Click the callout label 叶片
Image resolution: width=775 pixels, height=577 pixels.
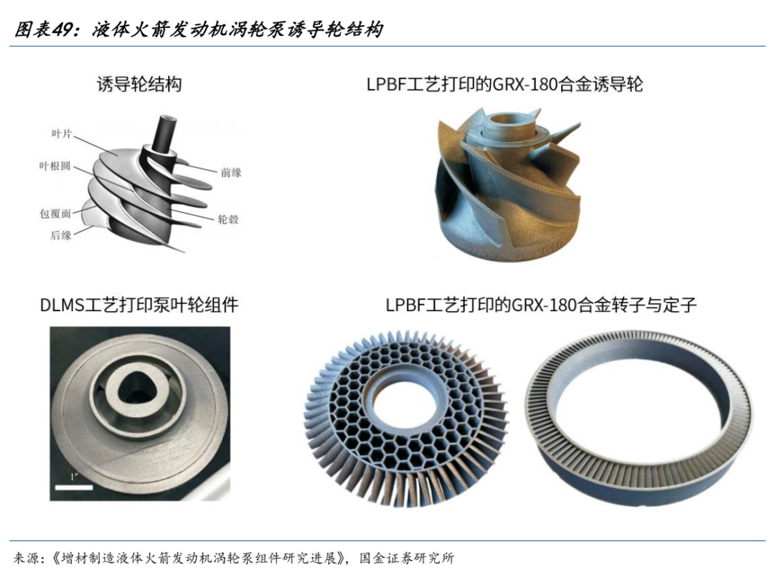pyautogui.click(x=62, y=134)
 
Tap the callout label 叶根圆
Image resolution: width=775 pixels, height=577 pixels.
pyautogui.click(x=55, y=166)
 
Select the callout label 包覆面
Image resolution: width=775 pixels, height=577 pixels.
pyautogui.click(x=55, y=213)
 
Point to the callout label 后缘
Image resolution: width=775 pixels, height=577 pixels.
pyautogui.click(x=61, y=235)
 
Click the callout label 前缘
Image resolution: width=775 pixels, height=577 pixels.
pyautogui.click(x=231, y=172)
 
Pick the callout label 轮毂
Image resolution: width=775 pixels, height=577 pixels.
pyautogui.click(x=228, y=219)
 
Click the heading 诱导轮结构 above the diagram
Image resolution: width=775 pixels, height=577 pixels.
pyautogui.click(x=139, y=85)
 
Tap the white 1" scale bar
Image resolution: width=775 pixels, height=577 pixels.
pyautogui.click(x=74, y=487)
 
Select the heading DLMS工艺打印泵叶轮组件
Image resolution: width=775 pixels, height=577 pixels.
pyautogui.click(x=139, y=305)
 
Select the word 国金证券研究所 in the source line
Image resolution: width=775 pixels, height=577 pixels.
pyautogui.click(x=407, y=558)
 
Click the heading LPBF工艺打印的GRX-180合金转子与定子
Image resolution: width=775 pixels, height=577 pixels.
pyautogui.click(x=541, y=305)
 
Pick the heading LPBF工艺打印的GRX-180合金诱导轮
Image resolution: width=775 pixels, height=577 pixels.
pyautogui.click(x=504, y=85)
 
